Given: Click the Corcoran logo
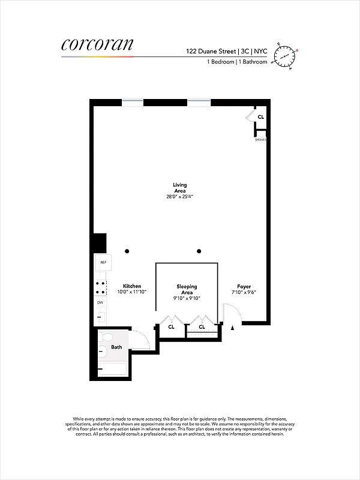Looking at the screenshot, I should [x=97, y=44].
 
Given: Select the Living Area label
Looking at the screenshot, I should [x=179, y=188].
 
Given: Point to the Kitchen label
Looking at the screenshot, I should [x=132, y=286].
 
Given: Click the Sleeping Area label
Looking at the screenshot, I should [x=187, y=290].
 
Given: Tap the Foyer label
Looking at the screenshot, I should [x=244, y=286].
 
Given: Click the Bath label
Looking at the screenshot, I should [x=116, y=347].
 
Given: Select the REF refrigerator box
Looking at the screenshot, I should [x=103, y=263].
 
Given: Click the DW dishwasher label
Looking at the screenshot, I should [x=100, y=302].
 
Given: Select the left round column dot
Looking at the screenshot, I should [x=127, y=251].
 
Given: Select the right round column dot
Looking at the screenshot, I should [x=199, y=251].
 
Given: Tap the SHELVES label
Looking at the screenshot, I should [x=260, y=139].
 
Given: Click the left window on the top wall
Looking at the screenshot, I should [x=133, y=102].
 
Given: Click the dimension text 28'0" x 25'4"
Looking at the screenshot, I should [x=180, y=197].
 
